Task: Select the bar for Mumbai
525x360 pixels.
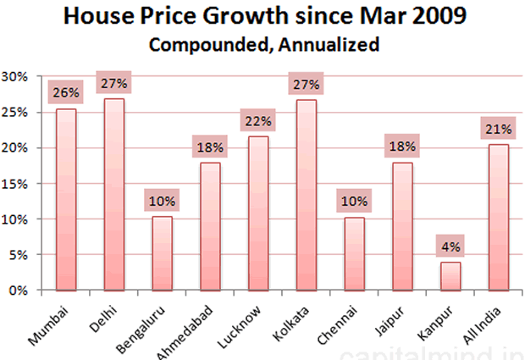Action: (66, 199)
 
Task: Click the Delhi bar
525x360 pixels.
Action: (113, 194)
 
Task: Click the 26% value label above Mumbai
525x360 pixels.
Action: (65, 91)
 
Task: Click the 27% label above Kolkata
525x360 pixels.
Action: (306, 83)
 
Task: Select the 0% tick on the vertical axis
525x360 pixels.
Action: (18, 290)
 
